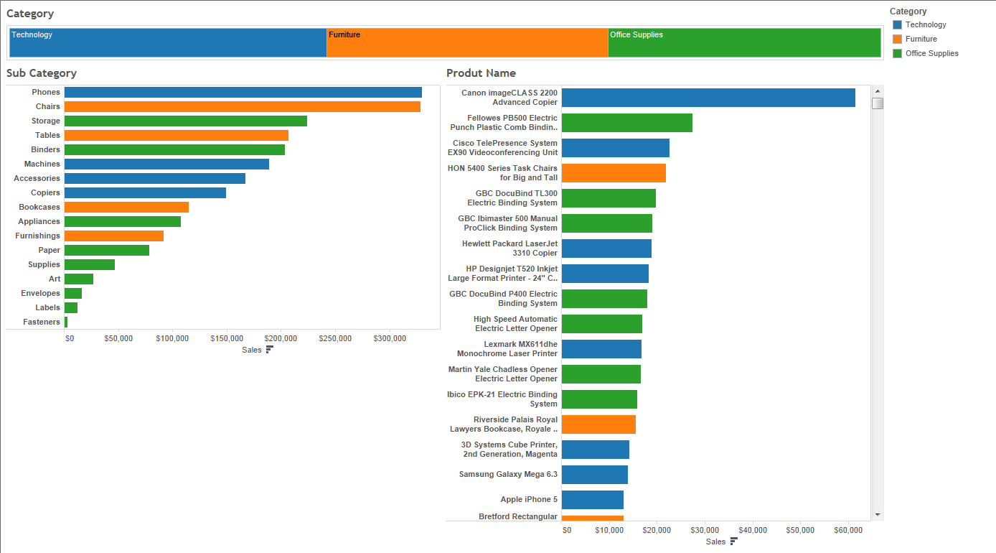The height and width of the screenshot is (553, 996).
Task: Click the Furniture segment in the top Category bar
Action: [467, 42]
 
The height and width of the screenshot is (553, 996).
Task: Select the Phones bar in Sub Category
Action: [243, 92]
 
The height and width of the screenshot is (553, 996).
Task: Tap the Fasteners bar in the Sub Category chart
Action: [66, 322]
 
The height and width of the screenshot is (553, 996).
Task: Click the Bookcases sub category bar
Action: [127, 207]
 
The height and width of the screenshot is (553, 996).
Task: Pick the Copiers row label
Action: [45, 192]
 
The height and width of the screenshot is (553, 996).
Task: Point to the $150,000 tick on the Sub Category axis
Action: [227, 338]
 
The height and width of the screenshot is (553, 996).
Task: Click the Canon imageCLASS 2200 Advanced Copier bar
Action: [708, 98]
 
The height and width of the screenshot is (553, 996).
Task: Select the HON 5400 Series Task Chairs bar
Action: [614, 173]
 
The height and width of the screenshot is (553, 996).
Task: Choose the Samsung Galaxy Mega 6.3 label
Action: [508, 474]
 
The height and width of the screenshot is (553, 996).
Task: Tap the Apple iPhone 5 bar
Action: [593, 500]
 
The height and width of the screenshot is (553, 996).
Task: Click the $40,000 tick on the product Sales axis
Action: [753, 530]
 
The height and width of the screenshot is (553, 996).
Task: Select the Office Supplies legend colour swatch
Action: [897, 53]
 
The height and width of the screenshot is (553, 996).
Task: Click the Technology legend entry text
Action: [926, 25]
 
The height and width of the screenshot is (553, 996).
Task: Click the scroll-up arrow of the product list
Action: [878, 91]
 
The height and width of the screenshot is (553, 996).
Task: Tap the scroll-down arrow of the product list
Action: [878, 515]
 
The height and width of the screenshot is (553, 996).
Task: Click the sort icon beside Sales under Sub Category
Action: [270, 350]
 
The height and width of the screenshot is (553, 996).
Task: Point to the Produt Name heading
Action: [481, 73]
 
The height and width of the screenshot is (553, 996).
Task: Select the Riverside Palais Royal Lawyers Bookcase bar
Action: [599, 424]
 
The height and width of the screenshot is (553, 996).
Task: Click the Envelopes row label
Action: [40, 293]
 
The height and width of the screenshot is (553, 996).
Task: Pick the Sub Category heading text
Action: [42, 73]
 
